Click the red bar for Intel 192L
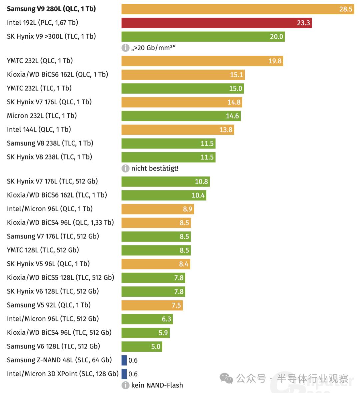coord(216,23)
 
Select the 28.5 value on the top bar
coord(346,9)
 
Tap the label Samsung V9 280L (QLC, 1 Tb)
coord(51,9)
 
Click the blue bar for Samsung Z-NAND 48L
coord(124,360)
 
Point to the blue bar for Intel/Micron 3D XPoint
coord(124,374)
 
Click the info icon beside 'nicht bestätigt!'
coord(125,169)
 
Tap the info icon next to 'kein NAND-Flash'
coord(125,385)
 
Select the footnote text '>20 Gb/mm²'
coord(153,48)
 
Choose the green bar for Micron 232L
coord(181,116)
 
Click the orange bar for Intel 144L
coord(178,130)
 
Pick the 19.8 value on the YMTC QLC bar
coord(275,61)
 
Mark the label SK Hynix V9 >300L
coord(51,37)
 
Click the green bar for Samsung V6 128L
coord(142,346)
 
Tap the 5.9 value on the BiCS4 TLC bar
coord(163,333)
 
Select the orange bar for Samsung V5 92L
coord(152,305)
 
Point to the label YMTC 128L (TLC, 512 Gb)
coord(43,250)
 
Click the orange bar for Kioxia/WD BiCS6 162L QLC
coord(183,75)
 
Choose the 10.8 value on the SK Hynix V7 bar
coord(201,182)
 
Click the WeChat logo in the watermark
coord(227,379)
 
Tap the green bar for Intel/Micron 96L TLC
coord(147,319)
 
